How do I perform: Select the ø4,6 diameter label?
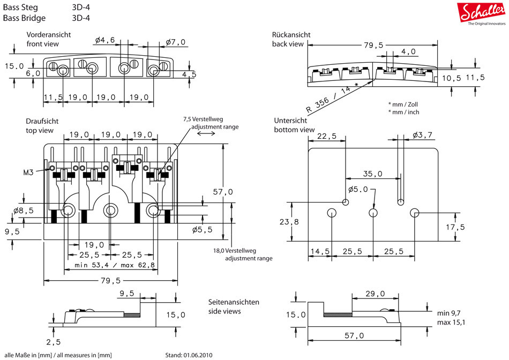(106, 40)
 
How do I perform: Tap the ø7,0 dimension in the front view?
(175, 41)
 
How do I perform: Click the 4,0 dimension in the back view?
(408, 51)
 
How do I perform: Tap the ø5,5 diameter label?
(202, 229)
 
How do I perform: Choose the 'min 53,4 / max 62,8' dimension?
(115, 265)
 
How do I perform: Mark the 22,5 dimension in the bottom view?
(327, 136)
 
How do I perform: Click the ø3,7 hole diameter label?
(423, 136)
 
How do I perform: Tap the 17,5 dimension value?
(454, 227)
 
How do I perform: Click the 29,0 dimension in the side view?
(375, 294)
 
